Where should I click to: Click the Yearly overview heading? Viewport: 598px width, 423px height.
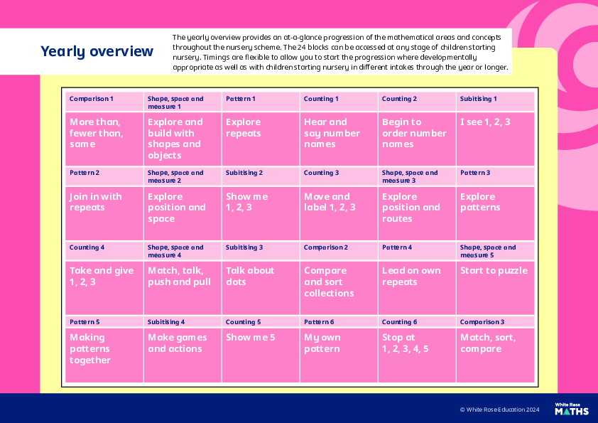tap(97, 51)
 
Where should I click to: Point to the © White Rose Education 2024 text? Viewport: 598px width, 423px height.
tap(499, 409)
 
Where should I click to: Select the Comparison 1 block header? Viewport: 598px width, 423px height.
tap(92, 99)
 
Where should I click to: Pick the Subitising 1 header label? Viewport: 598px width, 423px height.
tap(478, 99)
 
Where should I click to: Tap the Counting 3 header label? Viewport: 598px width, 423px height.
tap(322, 173)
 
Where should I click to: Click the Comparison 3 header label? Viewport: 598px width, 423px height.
tap(482, 322)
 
